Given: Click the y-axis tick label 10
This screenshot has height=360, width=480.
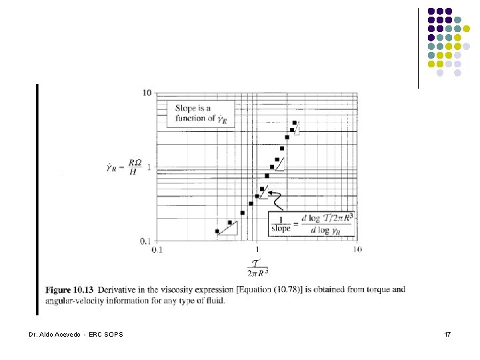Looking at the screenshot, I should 147,93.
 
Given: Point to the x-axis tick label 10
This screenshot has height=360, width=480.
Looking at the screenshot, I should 357,249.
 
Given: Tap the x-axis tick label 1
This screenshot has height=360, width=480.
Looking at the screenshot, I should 257,249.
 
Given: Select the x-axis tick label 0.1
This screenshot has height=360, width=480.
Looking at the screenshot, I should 157,249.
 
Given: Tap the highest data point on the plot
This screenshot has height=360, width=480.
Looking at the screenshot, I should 295,123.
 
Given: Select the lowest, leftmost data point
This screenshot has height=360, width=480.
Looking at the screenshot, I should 217,231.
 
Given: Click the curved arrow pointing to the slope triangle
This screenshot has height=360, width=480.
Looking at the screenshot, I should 277,197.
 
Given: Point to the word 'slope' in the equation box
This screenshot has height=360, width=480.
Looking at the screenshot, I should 281,229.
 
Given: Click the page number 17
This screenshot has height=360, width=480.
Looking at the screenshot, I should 447,333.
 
